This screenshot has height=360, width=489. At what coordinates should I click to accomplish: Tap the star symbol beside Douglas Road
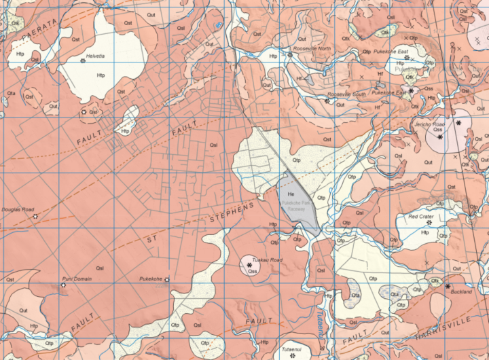click(35, 216)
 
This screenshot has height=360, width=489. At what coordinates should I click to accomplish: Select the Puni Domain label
click(77, 278)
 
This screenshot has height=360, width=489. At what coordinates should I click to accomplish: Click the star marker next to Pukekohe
click(167, 280)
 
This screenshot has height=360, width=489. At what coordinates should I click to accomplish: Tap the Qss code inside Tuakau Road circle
click(253, 271)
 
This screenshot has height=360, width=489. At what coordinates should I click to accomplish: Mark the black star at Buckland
click(448, 286)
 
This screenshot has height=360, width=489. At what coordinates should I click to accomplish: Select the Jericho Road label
click(429, 125)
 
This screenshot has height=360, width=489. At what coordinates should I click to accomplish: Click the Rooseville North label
click(312, 49)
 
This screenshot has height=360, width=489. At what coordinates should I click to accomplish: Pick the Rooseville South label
click(346, 94)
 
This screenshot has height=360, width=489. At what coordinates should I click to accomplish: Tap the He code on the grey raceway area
click(291, 195)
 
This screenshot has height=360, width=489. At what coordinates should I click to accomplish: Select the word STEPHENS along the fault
click(231, 213)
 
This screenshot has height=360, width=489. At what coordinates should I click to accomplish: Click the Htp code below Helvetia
click(101, 75)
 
